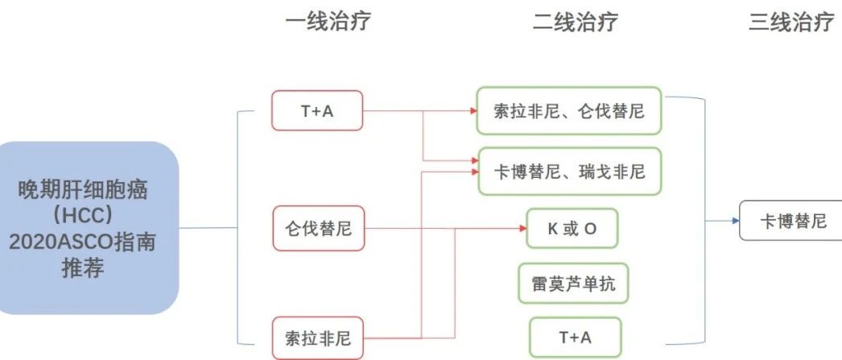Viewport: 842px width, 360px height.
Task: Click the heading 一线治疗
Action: pyautogui.click(x=328, y=22)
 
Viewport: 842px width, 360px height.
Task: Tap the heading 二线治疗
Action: pyautogui.click(x=576, y=22)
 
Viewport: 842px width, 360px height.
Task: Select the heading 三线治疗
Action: pyautogui.click(x=791, y=22)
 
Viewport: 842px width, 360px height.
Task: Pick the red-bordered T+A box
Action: pyautogui.click(x=317, y=110)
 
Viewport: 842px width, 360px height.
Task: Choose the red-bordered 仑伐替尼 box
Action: pyautogui.click(x=319, y=229)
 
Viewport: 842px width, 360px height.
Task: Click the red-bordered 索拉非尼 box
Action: pyautogui.click(x=318, y=338)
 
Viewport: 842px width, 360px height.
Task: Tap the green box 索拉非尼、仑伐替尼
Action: pyautogui.click(x=568, y=110)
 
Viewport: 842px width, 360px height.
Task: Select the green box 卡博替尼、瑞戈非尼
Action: pyautogui.click(x=569, y=172)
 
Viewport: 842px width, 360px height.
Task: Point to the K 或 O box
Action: pyautogui.click(x=572, y=229)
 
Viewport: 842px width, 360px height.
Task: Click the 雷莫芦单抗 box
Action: pyautogui.click(x=573, y=283)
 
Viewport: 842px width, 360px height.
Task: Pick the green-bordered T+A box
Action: pyautogui.click(x=575, y=337)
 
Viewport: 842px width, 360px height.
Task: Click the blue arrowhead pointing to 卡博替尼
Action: pyautogui.click(x=736, y=221)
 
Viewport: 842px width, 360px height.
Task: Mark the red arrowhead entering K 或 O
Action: pyautogui.click(x=523, y=229)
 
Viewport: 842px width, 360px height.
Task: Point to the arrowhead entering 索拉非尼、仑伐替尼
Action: pyautogui.click(x=473, y=110)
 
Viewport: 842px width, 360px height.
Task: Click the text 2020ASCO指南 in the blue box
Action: pyautogui.click(x=82, y=242)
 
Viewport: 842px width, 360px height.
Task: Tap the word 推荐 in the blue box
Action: pyautogui.click(x=83, y=267)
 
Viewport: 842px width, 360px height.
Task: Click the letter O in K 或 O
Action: pyautogui.click(x=589, y=229)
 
